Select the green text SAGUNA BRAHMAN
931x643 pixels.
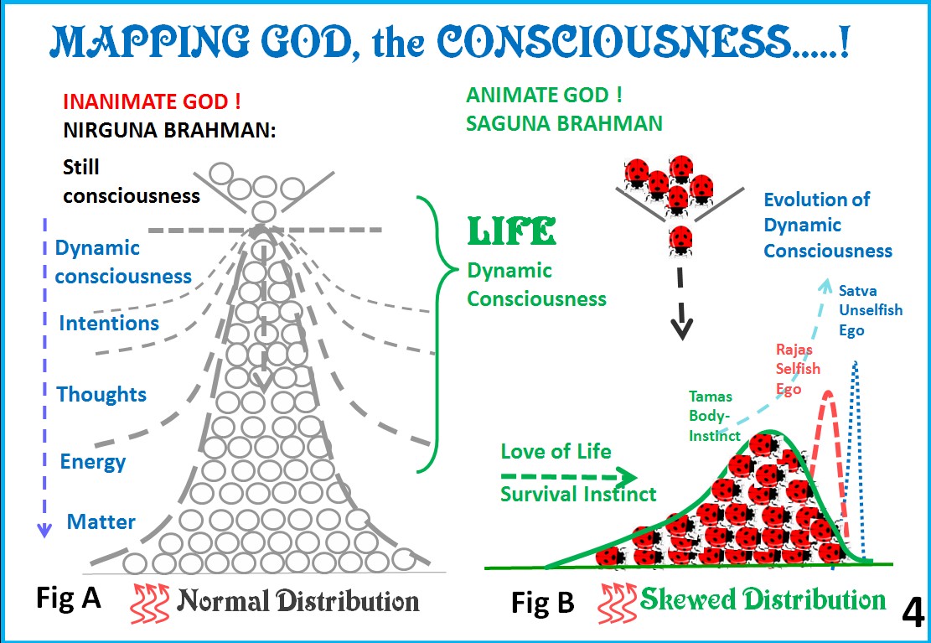pos(562,123)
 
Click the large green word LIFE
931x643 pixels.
pos(511,232)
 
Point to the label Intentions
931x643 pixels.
pos(109,323)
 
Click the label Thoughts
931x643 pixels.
pos(101,394)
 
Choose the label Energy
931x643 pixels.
pos(92,461)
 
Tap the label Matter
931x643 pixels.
pos(101,521)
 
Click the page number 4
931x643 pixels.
pos(912,614)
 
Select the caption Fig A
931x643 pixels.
pos(69,598)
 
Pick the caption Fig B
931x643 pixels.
pos(542,601)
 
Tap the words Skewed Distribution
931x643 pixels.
pos(763,599)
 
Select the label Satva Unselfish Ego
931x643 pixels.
pos(871,309)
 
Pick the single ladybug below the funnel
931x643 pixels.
pos(681,239)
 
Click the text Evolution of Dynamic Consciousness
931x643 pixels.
pos(827,225)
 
